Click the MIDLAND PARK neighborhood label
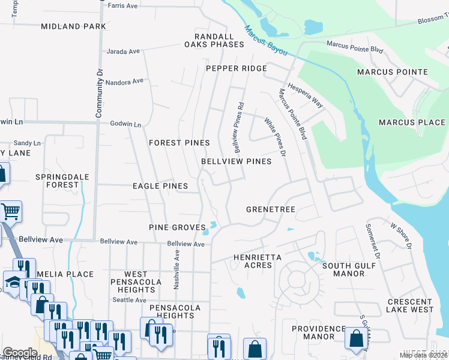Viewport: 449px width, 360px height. pos(73,26)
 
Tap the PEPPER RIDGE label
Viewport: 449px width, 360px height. pos(236,68)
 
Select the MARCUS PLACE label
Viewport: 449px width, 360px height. pos(412,122)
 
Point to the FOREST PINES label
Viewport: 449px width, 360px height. pos(179,143)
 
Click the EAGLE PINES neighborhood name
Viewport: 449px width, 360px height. pos(160,186)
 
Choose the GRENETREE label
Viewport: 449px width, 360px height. pos(271,209)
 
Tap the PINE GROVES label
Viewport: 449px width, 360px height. pos(177,227)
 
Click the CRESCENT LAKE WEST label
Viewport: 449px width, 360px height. pos(410,305)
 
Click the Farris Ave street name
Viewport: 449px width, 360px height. pos(122,6)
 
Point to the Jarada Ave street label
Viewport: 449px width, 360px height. pos(123,52)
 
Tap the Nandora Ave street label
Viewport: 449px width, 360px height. pos(125,81)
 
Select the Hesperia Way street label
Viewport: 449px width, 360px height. pos(306,95)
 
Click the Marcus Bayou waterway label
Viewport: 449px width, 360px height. pos(265,40)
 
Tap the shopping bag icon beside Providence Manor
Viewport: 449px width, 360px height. pos(356,338)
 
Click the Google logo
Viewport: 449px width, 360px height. pos(20,353)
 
